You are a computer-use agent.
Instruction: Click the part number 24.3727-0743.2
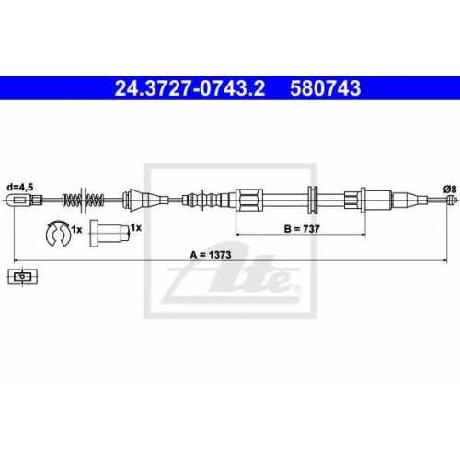[190, 88]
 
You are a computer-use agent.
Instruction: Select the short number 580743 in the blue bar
[326, 88]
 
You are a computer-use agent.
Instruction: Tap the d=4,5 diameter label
[20, 187]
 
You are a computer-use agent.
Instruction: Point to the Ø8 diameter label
[450, 190]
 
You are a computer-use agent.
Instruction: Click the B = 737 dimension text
[302, 229]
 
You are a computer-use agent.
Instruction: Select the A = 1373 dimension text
[211, 255]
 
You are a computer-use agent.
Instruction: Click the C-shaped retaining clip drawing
[58, 233]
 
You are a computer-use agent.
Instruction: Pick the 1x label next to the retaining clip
[76, 229]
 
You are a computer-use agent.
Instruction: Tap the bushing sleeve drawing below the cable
[109, 234]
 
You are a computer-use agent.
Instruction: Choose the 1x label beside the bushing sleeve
[136, 227]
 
